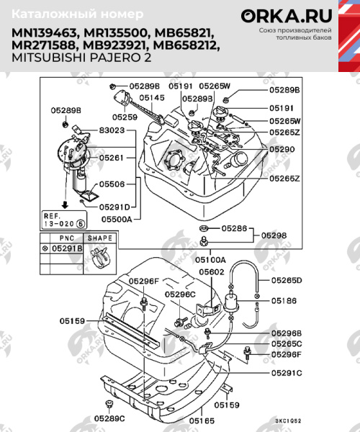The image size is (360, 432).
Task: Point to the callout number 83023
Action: pos(112,131)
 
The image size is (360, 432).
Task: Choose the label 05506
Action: pos(113,184)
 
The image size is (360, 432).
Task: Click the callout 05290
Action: pos(282,148)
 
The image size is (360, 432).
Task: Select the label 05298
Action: pos(274,235)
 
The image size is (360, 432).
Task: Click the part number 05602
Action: pos(212,272)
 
